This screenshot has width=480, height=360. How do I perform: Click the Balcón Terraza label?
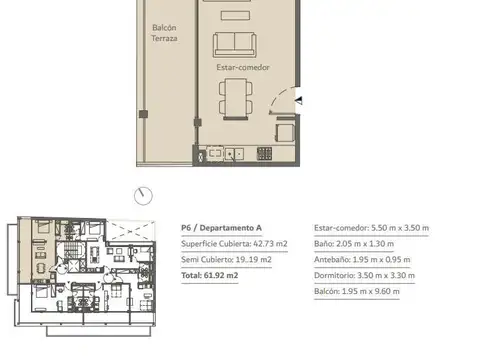click(x=164, y=32)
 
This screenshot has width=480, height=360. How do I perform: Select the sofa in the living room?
click(x=234, y=44)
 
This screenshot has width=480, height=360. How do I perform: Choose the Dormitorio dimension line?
click(x=365, y=275)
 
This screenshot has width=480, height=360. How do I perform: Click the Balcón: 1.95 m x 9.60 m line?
click(x=357, y=291)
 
